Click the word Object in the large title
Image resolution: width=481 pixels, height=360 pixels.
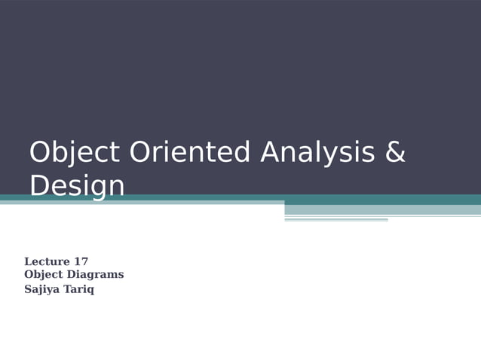74,153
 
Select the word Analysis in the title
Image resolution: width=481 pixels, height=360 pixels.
317,153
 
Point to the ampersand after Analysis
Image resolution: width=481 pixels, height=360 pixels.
395,153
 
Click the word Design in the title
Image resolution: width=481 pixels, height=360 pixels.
77,185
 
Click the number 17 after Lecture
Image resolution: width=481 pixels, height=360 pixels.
81,262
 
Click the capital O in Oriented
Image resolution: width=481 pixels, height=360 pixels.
142,153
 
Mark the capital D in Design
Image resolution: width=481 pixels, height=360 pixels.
41,185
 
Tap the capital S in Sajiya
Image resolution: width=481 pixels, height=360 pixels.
28,289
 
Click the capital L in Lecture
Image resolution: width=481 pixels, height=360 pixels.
29,262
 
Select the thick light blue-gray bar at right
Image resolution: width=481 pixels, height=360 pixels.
382,209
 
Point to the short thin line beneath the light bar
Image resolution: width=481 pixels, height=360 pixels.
335,220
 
